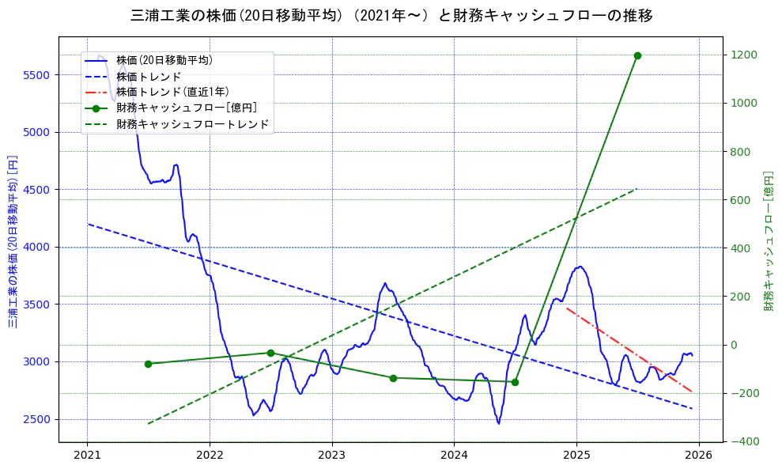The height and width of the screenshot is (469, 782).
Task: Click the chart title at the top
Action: [391, 16]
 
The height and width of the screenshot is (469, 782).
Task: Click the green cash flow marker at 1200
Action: [637, 55]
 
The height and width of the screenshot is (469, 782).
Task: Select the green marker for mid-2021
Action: [148, 364]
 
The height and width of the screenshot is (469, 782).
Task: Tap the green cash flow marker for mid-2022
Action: [270, 353]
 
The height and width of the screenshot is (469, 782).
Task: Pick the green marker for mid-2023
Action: [393, 377]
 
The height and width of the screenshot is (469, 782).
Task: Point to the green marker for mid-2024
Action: [515, 382]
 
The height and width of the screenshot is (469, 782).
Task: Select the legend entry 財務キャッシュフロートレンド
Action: [192, 124]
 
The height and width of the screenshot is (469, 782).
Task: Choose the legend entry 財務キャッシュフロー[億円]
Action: [186, 108]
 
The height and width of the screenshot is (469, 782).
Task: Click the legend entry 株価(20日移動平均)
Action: [164, 60]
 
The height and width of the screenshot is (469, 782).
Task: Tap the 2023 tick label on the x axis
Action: [331, 455]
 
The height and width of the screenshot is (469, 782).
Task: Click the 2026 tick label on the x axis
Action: [699, 455]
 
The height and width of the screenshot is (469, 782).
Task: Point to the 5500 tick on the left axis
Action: [36, 75]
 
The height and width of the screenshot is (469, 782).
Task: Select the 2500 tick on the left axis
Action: [36, 419]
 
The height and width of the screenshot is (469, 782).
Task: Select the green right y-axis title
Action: [768, 240]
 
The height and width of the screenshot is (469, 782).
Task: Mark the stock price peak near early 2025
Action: [580, 267]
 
